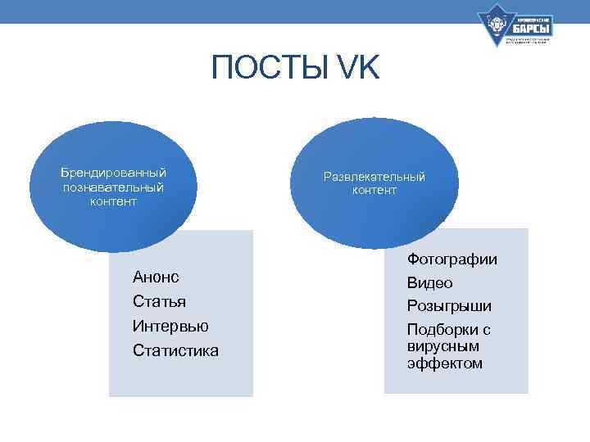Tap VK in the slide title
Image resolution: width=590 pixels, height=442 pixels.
point(356,68)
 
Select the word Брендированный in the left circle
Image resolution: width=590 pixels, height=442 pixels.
point(114,173)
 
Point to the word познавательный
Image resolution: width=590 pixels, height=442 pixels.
point(114,187)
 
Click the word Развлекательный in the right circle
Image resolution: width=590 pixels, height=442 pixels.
point(374,177)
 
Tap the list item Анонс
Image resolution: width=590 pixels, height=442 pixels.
point(156,277)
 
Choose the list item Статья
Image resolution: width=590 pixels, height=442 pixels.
point(159,301)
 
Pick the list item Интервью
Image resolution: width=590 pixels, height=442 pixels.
point(170,326)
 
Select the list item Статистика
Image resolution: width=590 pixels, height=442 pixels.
point(175,350)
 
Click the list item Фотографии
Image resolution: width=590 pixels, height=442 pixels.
point(452,259)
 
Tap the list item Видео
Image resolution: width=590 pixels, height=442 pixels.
point(430,283)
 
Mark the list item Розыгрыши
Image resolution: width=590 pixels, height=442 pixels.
point(450,306)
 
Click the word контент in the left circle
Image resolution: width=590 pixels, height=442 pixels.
point(114,202)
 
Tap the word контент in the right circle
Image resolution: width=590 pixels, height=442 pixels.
point(374,191)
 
